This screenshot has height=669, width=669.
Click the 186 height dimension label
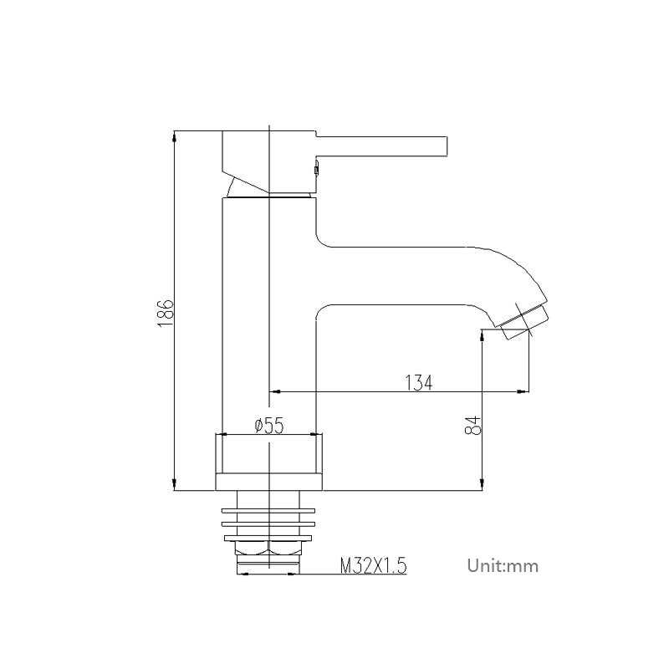pyautogui.click(x=165, y=313)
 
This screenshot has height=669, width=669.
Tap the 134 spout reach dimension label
pyautogui.click(x=419, y=382)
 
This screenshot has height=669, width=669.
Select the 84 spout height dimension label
pyautogui.click(x=473, y=426)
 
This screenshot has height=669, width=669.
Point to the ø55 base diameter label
pyautogui.click(x=268, y=426)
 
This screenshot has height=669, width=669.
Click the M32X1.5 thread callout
pyautogui.click(x=374, y=566)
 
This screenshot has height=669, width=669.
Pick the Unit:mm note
pyautogui.click(x=503, y=566)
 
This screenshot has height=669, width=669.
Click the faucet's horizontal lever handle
pyautogui.click(x=381, y=146)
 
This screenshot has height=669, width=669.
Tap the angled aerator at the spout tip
pyautogui.click(x=524, y=322)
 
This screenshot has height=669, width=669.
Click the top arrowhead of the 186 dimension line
pyautogui.click(x=175, y=137)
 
